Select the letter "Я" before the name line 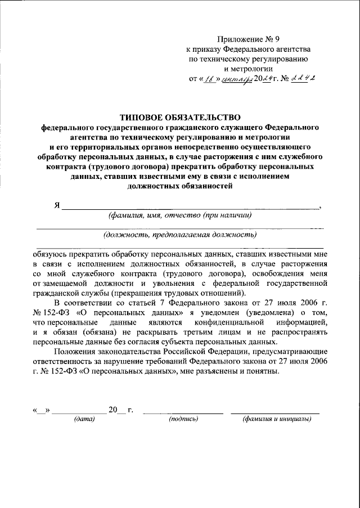click(x=57, y=205)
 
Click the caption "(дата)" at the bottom click(x=84, y=419)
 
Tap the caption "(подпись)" click(x=183, y=419)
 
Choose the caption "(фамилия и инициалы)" click(x=276, y=419)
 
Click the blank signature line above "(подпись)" click(x=183, y=413)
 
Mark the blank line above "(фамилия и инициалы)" click(x=276, y=413)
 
